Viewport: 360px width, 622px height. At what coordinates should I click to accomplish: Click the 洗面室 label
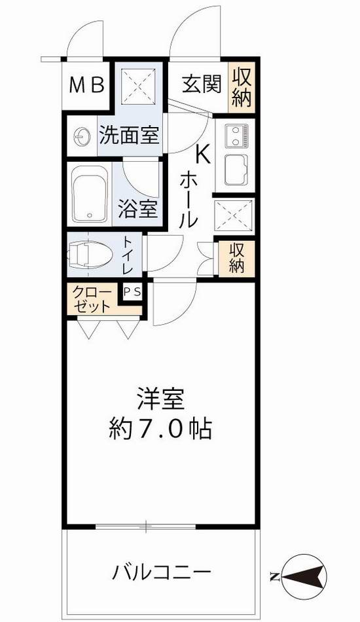pos(129,136)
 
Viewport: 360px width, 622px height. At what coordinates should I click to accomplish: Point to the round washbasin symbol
pos(82,136)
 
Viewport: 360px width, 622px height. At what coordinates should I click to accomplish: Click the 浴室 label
pos(137,210)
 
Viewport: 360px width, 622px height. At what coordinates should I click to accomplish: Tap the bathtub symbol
pos(90,194)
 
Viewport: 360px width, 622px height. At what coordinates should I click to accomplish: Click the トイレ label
pos(127,256)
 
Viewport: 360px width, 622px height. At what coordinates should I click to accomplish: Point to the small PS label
pos(132,293)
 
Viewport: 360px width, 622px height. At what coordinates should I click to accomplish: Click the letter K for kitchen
pos(202,155)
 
